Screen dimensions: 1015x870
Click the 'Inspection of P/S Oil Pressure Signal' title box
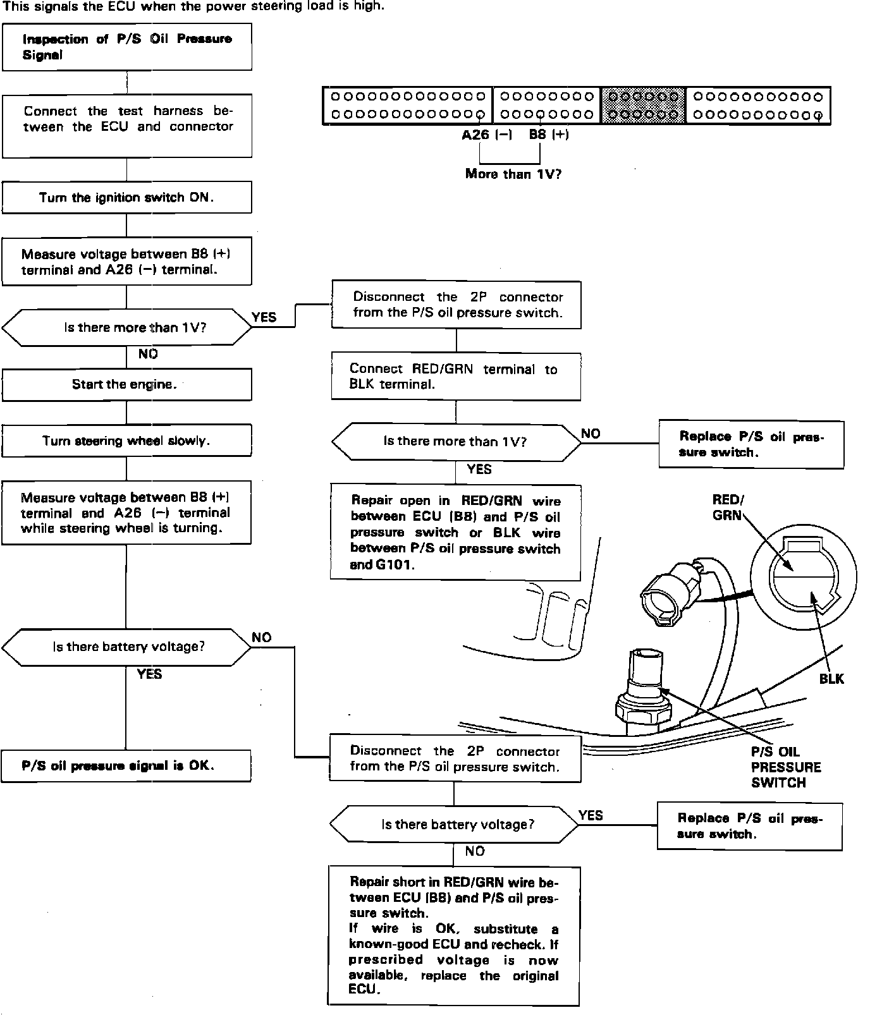126,47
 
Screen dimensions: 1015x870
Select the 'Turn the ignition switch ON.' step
126,198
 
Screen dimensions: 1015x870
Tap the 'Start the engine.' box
126,384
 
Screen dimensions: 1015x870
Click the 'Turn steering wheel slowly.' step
126,441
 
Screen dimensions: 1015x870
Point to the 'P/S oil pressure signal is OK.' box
126,766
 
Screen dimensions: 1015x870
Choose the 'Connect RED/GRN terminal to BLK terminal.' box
456,377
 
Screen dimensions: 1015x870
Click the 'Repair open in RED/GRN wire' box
455,532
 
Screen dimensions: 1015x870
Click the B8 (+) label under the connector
548,135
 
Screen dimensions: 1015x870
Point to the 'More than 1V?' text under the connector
513,174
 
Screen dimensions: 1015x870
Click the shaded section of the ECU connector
643,106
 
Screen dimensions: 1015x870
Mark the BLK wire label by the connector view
831,679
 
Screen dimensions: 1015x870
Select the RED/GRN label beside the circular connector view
728,507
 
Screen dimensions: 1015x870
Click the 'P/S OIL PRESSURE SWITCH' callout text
785,767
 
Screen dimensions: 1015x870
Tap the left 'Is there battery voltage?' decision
126,647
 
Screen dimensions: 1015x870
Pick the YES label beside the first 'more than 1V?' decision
264,317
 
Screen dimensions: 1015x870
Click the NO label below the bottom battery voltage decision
474,851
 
